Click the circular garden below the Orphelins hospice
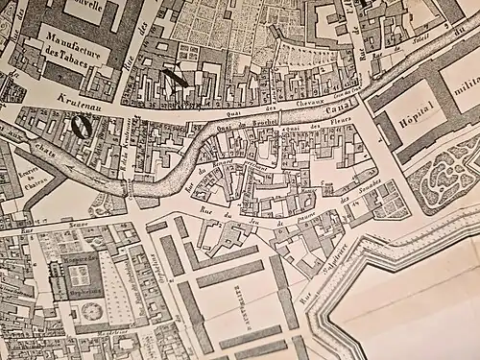click(x=92, y=310)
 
